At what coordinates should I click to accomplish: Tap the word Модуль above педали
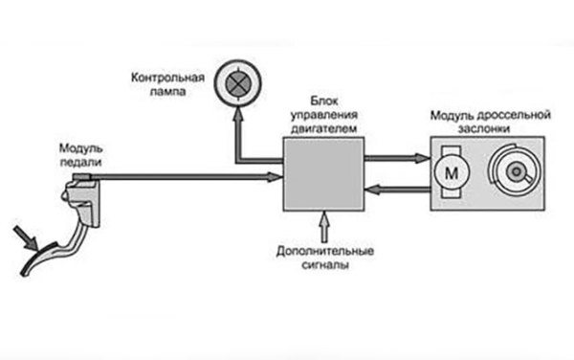tap(80, 149)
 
